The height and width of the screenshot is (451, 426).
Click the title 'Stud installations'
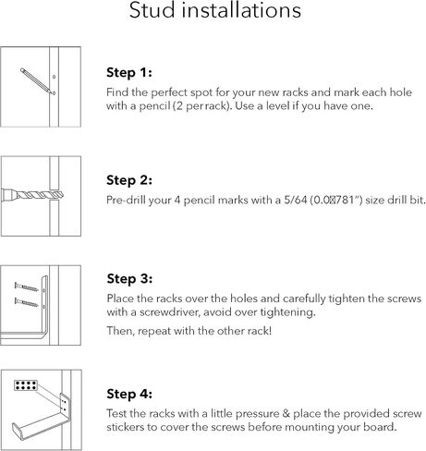pos(215,10)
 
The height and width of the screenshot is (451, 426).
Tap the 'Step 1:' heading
pos(129,73)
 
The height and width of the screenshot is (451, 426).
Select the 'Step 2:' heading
pos(129,180)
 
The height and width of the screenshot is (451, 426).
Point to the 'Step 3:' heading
pos(129,279)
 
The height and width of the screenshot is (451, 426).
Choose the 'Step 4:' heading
pos(129,394)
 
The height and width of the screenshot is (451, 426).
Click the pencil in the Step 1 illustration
pos(35,80)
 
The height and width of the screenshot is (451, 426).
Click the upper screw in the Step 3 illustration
pos(27,287)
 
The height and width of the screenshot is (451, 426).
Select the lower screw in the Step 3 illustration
pos(27,302)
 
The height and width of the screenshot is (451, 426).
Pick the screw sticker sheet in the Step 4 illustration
pos(26,385)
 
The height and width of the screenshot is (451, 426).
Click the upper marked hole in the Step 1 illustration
pos(54,77)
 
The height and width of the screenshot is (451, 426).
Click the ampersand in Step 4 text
pos(286,414)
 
